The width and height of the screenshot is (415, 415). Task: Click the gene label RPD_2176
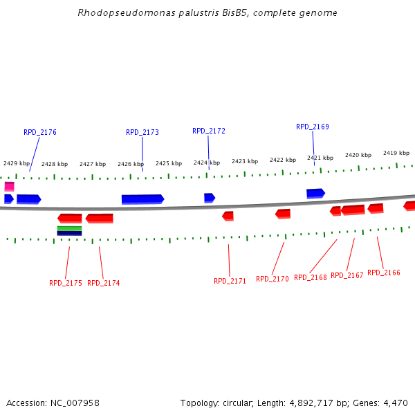click(40, 132)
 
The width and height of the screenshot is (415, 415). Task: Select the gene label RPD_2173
click(142, 132)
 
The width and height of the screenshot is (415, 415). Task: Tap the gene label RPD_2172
click(209, 131)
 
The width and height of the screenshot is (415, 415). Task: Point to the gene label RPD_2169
click(313, 127)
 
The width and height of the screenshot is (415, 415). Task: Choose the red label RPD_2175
click(66, 283)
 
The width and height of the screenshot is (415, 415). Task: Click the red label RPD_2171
click(230, 281)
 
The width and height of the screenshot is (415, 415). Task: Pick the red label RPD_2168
click(311, 277)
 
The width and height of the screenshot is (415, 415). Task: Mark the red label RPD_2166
click(384, 273)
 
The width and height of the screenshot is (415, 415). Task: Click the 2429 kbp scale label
click(17, 164)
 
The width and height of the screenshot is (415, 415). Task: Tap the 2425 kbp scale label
click(169, 164)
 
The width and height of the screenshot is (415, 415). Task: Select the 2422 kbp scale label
click(283, 160)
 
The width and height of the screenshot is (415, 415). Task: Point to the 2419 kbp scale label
click(396, 153)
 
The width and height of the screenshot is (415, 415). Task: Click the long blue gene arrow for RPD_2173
click(142, 199)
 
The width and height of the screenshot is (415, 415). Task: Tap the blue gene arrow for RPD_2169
click(315, 194)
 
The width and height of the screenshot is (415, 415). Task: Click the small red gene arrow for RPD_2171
click(228, 216)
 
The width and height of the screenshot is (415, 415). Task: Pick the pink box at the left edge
click(9, 186)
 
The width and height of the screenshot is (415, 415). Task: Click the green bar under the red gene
click(69, 228)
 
